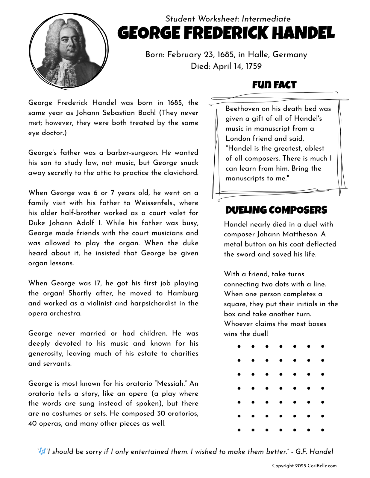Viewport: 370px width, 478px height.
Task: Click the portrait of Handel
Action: [69, 51]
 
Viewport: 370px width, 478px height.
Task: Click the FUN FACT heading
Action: [274, 85]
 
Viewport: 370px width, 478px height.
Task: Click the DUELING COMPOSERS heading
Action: [276, 210]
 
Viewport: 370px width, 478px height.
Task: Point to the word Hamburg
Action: [183, 293]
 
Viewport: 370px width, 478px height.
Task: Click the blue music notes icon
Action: [42, 451]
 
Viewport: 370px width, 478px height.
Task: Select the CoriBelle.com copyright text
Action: [304, 466]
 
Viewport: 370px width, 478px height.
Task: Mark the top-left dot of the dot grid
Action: [239, 347]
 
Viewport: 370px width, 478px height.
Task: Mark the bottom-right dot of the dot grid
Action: [322, 430]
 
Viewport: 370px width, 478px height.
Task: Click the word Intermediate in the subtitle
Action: [266, 19]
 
